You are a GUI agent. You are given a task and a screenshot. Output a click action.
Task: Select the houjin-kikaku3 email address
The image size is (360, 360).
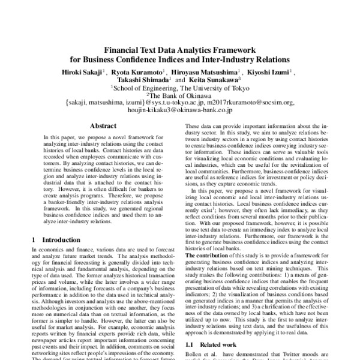(x=180, y=111)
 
